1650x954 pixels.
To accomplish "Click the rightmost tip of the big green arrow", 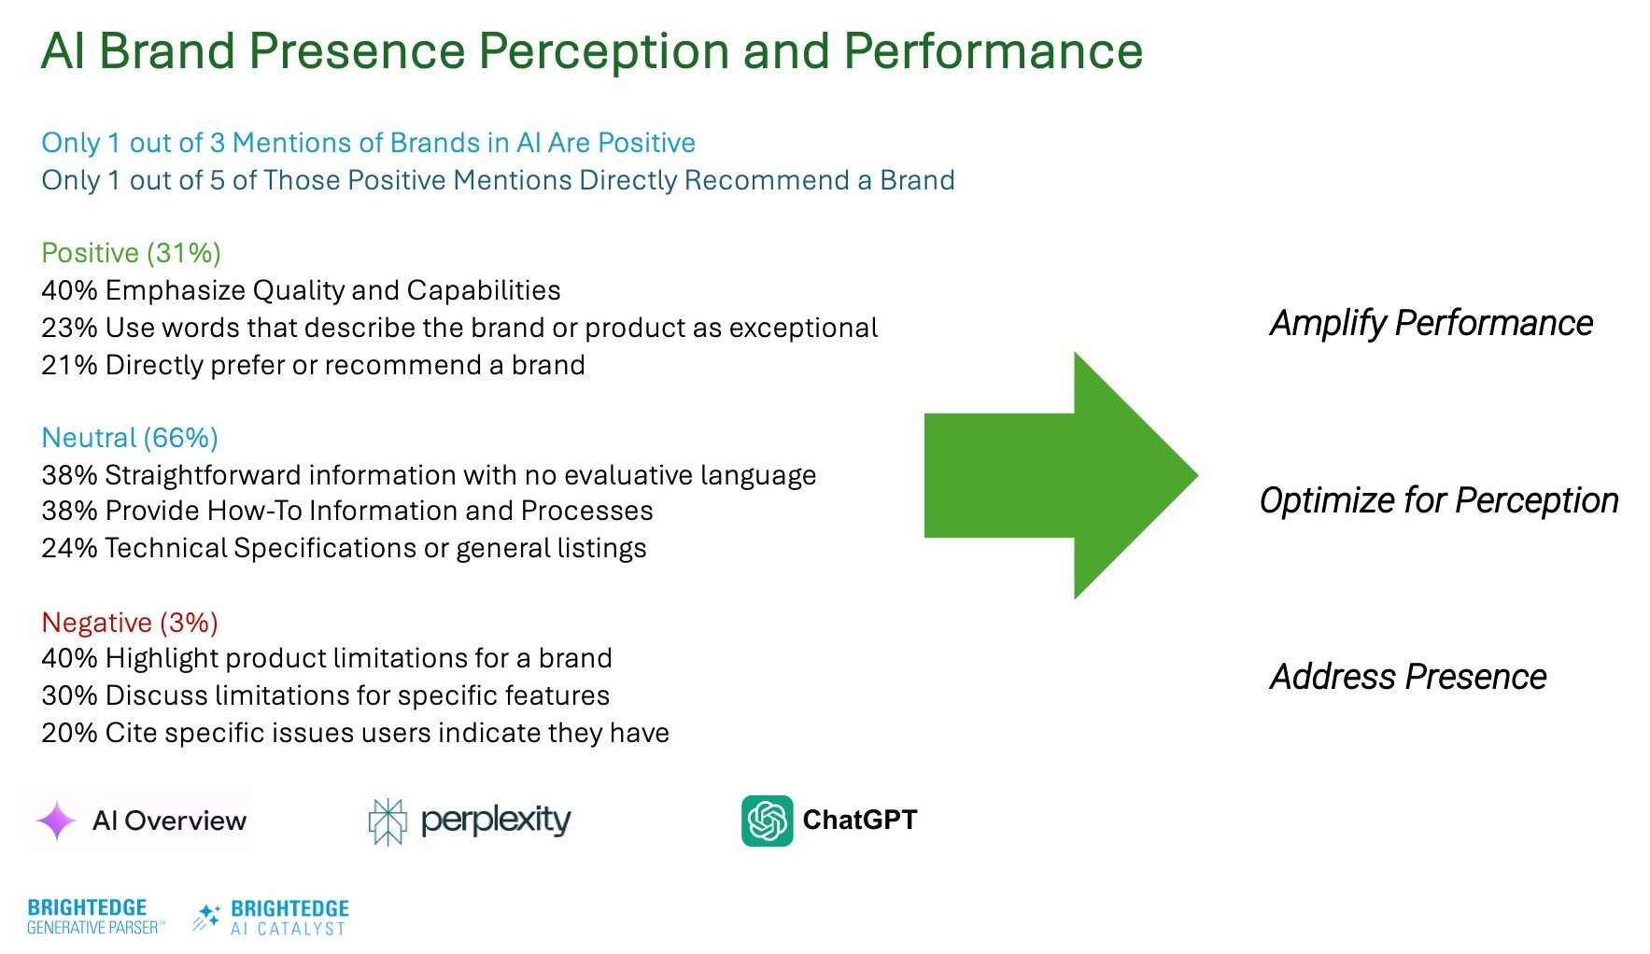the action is pyautogui.click(x=1198, y=475).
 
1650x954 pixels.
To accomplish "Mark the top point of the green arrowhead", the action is pyautogui.click(x=1075, y=352).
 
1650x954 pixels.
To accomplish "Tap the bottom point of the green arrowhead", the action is pyautogui.click(x=1075, y=599).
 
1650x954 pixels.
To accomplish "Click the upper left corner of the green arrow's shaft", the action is pyautogui.click(x=924, y=414).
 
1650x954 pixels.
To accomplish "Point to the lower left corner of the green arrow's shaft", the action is pyautogui.click(x=924, y=538).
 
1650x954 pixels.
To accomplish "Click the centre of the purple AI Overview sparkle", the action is pyautogui.click(x=56, y=821).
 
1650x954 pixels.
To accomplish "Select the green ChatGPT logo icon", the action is pyautogui.click(x=768, y=821).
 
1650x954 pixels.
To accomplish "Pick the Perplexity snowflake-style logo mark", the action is pyautogui.click(x=388, y=821).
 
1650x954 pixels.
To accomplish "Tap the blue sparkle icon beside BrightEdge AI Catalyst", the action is pyautogui.click(x=206, y=917).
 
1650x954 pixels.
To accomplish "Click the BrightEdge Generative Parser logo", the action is pyautogui.click(x=95, y=917).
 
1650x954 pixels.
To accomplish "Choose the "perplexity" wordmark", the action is pyautogui.click(x=496, y=821).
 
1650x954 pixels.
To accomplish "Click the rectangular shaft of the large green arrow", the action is pyautogui.click(x=999, y=475).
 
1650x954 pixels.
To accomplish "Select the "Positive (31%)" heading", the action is pyautogui.click(x=132, y=253).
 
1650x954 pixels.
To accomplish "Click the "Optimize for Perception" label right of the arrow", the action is pyautogui.click(x=1439, y=500).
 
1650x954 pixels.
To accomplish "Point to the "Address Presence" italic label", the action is pyautogui.click(x=1408, y=676).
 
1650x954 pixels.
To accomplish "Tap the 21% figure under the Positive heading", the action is pyautogui.click(x=69, y=365).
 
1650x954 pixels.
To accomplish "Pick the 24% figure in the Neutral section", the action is pyautogui.click(x=69, y=548).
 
